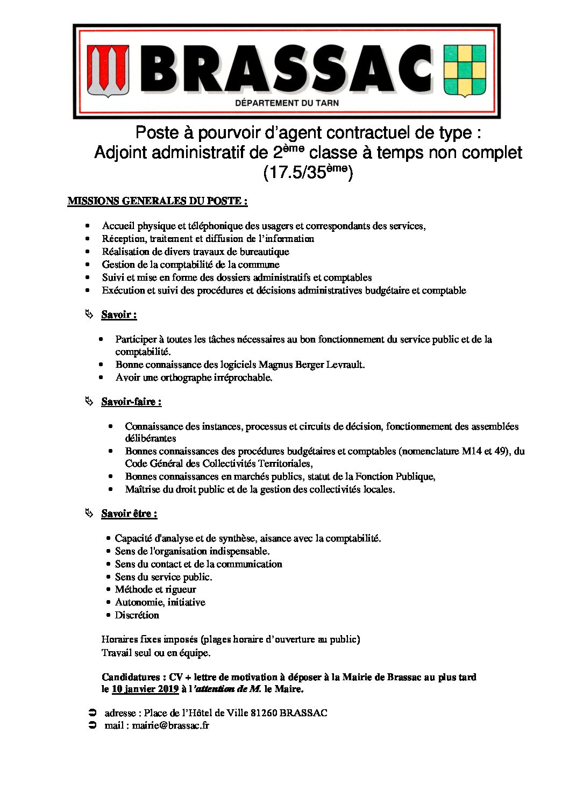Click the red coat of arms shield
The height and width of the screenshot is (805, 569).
pos(108,70)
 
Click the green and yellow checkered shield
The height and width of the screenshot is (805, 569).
pos(464,70)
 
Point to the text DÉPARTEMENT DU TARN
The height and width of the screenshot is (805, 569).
pos(287,103)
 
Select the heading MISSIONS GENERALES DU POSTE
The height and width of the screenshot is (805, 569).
pos(157,201)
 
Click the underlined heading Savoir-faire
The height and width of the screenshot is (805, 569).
pos(131,402)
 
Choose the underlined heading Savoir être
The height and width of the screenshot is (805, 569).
pos(129,514)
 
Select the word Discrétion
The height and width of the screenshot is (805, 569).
pos(137,615)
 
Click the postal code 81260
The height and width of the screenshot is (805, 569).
pos(264,713)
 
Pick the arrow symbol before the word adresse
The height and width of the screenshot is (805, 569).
pos(92,713)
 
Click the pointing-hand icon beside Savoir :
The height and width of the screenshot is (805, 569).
pos(89,314)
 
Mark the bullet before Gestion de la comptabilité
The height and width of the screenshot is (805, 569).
pos(88,265)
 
